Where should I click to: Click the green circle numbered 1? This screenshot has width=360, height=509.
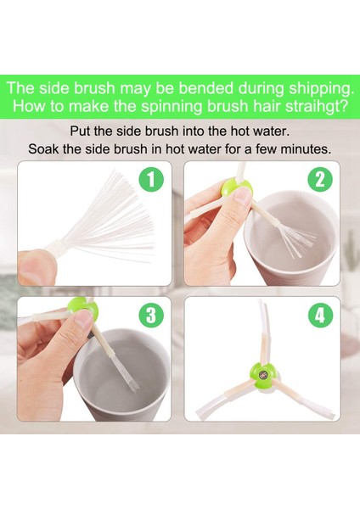pos(151,179)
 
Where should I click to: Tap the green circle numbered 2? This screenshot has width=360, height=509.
pos(320,179)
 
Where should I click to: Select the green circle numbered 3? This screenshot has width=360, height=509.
pos(150,316)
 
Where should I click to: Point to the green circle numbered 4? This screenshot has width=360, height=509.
pos(320,316)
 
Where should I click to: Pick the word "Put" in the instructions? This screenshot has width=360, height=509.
pos(80,131)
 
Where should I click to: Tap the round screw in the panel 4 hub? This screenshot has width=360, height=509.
pos(262,375)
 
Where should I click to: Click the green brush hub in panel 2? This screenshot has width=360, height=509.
pos(236,187)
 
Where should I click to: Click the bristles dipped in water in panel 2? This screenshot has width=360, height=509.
pos(298,242)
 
